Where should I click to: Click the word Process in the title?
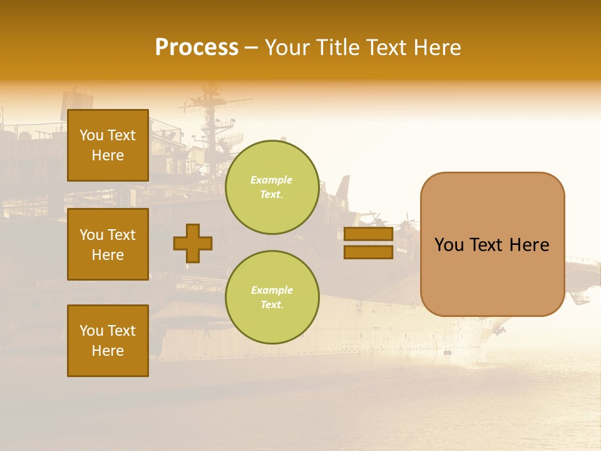point(197,48)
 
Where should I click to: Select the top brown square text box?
point(108,145)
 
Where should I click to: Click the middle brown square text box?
point(108,244)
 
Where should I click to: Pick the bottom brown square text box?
point(108,341)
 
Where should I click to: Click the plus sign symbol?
point(193,243)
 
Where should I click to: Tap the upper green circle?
point(272,187)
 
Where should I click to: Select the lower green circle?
point(272,297)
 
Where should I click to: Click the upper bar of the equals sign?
point(369,234)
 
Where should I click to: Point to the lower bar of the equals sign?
point(369,252)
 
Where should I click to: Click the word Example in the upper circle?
point(272,180)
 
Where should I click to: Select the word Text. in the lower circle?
point(272,305)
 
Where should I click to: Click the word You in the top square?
point(91,135)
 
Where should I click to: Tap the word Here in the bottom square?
point(108,351)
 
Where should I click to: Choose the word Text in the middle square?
point(121,235)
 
